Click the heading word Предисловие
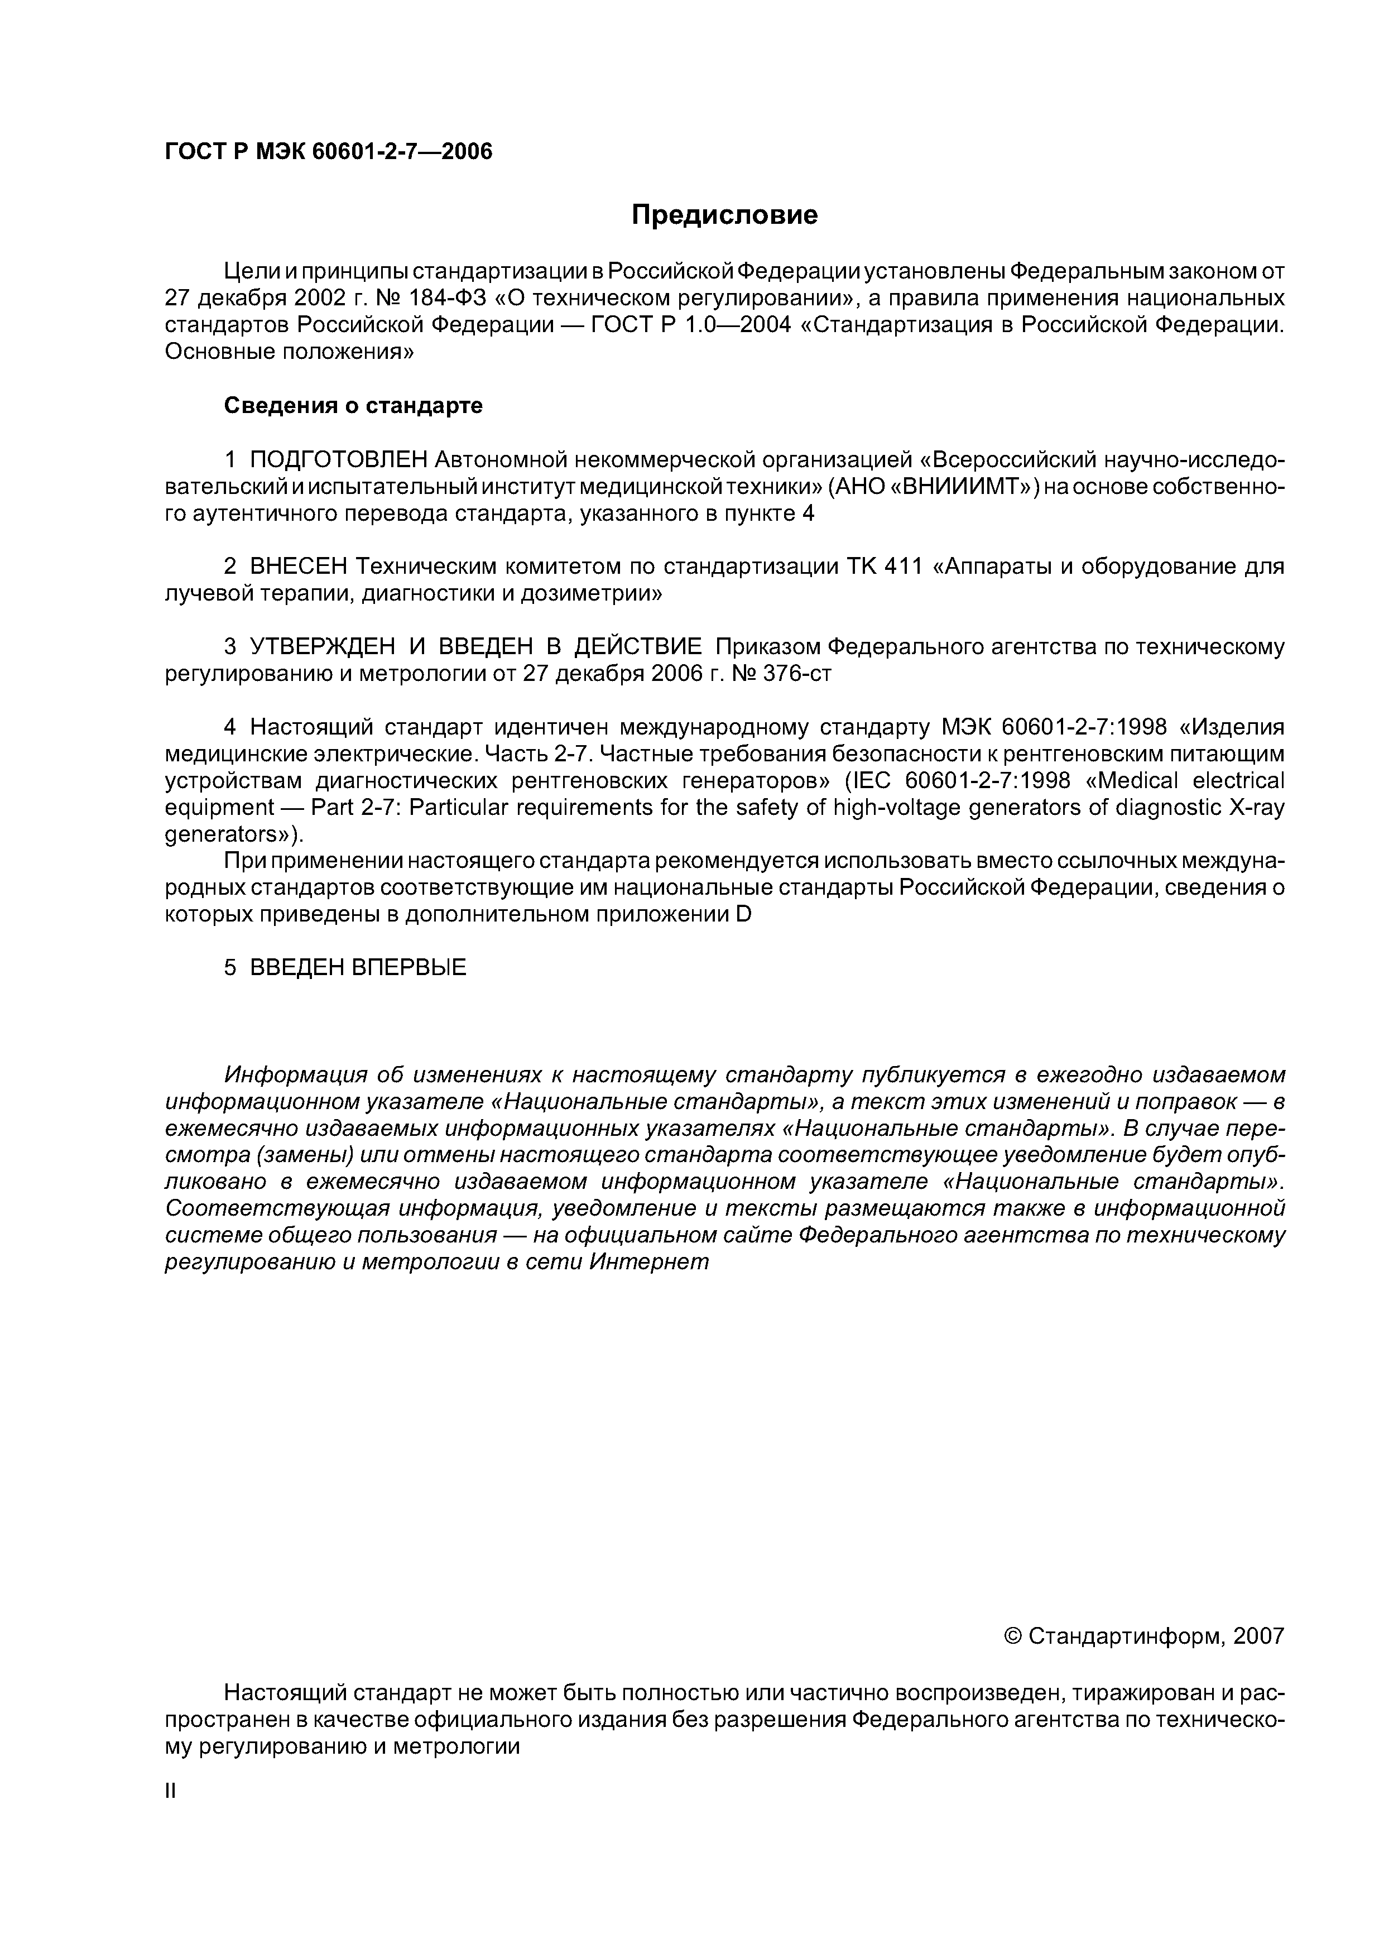pos(724,215)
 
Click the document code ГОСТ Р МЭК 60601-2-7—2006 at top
pos(328,152)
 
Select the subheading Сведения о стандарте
pos(353,406)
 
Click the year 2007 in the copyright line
pos(1258,1635)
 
